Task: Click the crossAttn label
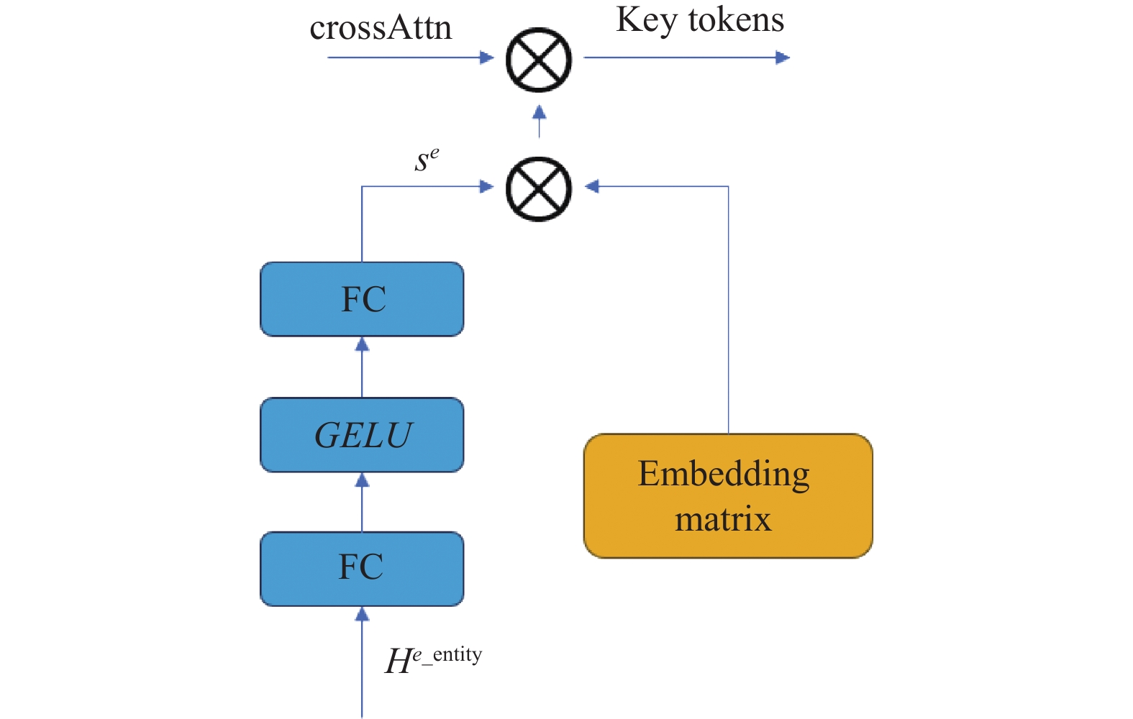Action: tap(381, 28)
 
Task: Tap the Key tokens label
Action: tap(700, 21)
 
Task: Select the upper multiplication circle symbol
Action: tap(539, 60)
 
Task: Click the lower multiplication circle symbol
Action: tap(539, 189)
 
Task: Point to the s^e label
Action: tap(427, 160)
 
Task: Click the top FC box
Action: tap(362, 299)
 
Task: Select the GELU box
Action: tap(362, 435)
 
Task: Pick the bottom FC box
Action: tap(362, 569)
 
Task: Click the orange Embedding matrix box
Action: tap(728, 496)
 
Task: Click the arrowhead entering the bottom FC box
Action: tap(362, 614)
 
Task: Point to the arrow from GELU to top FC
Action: tap(362, 367)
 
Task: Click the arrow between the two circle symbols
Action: tap(540, 122)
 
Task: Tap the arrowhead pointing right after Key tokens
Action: tap(783, 58)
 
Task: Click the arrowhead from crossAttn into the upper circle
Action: tap(486, 58)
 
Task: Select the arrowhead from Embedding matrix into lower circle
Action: tap(592, 186)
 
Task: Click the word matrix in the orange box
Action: tap(723, 519)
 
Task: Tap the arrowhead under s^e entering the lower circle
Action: tap(486, 186)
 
